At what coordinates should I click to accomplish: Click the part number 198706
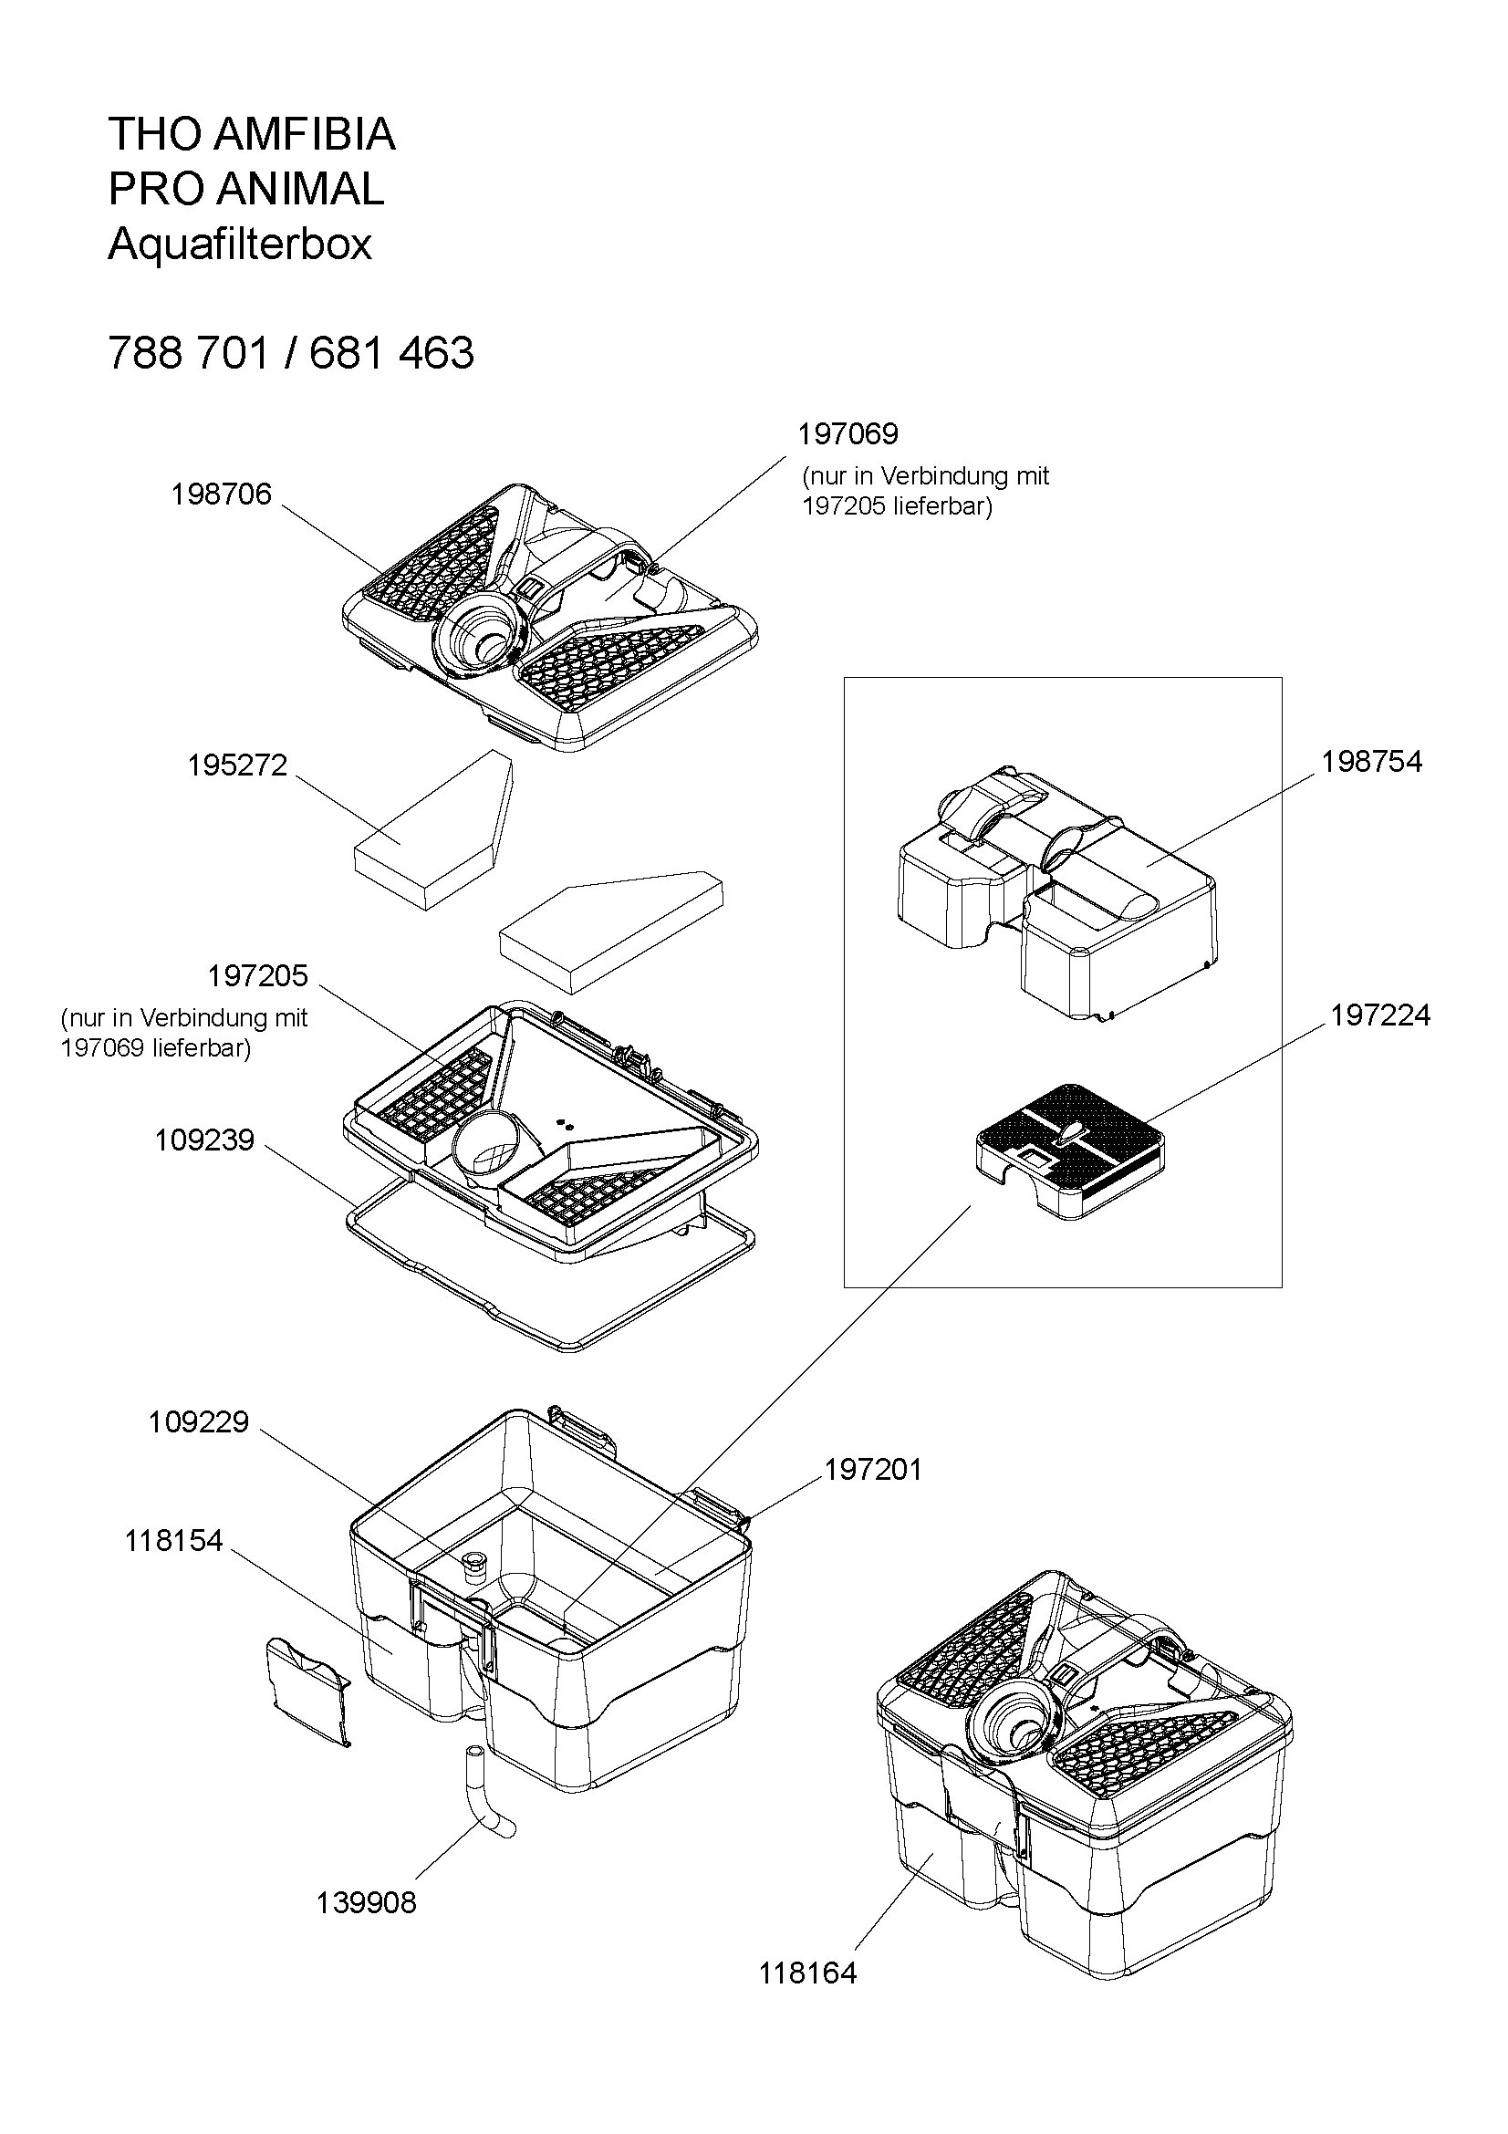tap(221, 494)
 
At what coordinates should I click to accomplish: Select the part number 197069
tap(848, 434)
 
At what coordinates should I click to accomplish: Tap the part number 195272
tap(238, 765)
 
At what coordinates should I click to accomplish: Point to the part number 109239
tap(204, 1140)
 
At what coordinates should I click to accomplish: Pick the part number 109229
tap(199, 1422)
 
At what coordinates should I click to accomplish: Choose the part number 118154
tap(174, 1541)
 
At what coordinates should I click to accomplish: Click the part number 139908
tap(367, 1902)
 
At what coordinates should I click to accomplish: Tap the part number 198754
tap(1372, 762)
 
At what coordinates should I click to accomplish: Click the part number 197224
tap(1379, 1015)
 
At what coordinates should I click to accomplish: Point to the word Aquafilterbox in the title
tap(240, 245)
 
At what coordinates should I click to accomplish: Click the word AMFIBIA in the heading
tap(305, 135)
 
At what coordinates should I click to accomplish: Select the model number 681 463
tap(392, 353)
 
